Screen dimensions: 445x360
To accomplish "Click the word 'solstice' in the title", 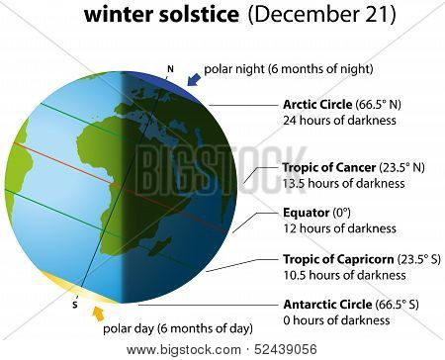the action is click(199, 15).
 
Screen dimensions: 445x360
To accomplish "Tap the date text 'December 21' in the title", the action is click(321, 15).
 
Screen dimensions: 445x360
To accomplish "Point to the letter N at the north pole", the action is click(170, 69).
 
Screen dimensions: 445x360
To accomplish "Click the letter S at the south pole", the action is click(75, 306).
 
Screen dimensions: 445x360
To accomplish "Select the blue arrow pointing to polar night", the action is click(194, 79).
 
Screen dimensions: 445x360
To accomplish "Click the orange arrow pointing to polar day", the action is click(98, 314).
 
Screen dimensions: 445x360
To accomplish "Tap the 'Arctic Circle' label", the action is click(317, 105).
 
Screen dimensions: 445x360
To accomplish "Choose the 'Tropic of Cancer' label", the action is click(329, 167).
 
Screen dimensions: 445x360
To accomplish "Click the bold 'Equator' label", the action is click(307, 213).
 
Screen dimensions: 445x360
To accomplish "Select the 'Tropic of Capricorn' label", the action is click(338, 259).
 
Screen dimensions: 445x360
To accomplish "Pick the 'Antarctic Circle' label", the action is click(327, 304).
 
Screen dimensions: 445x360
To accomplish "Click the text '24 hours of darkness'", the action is click(339, 121).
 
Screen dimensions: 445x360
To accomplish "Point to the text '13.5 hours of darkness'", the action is click(344, 183).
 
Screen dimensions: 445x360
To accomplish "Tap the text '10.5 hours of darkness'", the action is click(344, 275).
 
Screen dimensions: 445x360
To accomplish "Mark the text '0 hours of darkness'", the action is click(336, 320).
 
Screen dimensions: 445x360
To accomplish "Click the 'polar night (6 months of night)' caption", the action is click(289, 69).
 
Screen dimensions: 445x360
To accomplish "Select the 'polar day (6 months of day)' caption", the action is click(178, 328).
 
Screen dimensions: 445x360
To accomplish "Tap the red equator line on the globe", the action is click(121, 187).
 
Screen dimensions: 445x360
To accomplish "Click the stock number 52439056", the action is click(286, 349).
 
